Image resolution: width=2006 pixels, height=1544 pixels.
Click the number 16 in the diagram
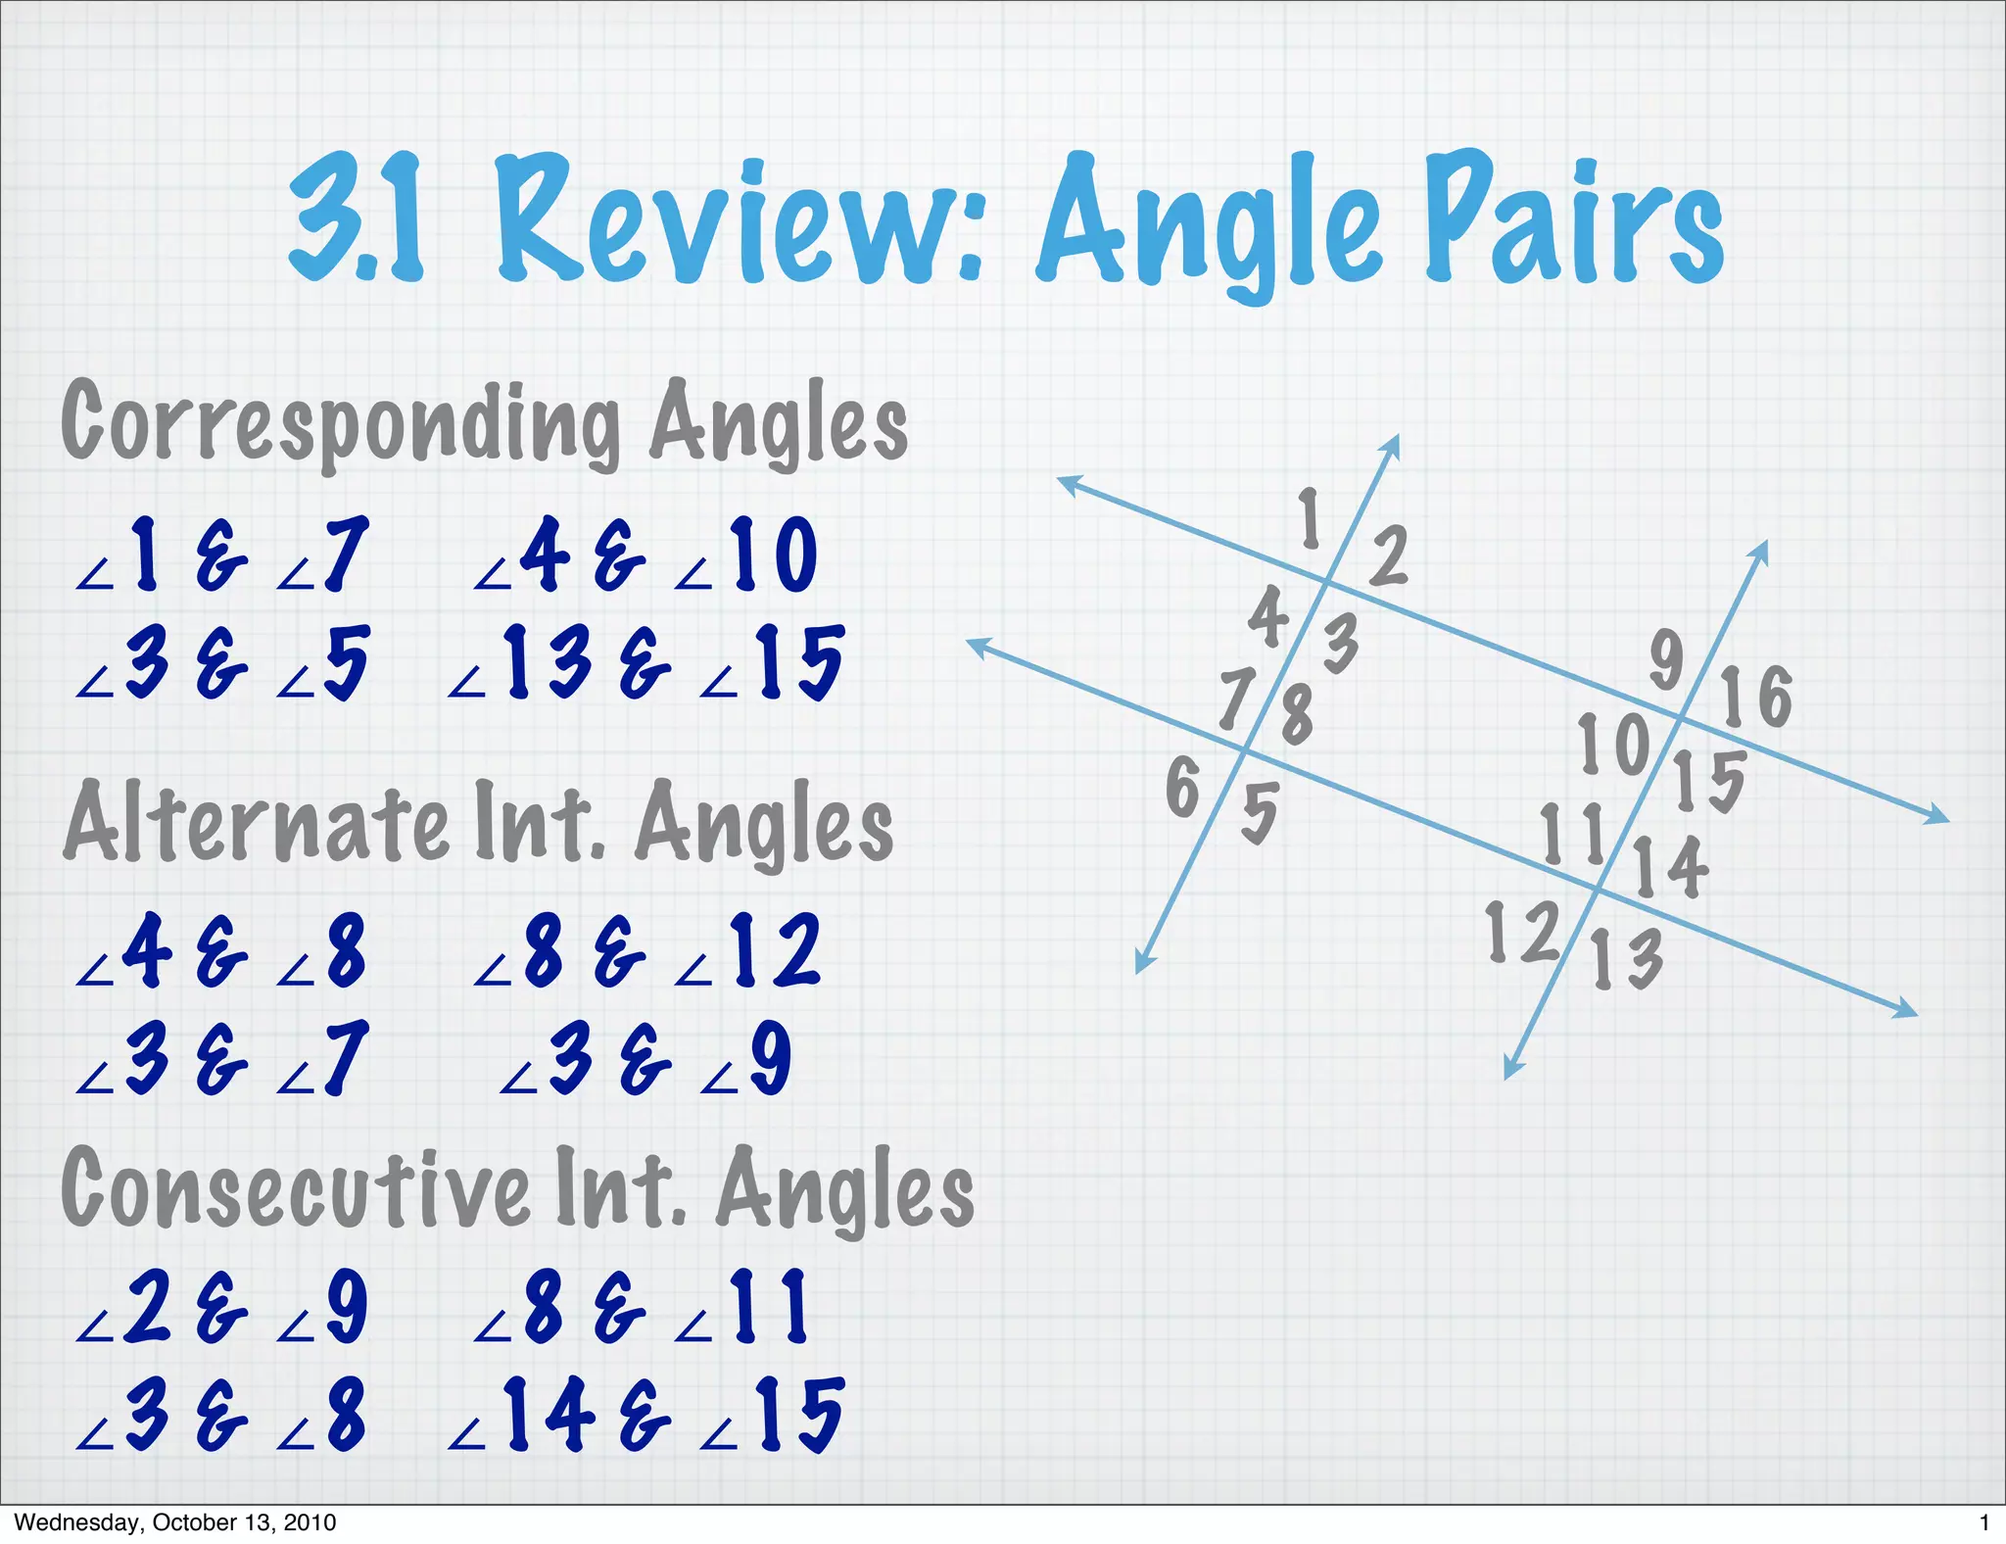1757,697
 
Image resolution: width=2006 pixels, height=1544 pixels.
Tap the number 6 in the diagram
1183,787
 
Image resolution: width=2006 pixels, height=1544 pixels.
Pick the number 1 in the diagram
1310,518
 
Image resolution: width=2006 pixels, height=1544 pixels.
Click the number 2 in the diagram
1389,555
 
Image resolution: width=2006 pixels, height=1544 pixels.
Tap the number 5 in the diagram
1260,812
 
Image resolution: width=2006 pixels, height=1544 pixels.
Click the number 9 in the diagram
1666,658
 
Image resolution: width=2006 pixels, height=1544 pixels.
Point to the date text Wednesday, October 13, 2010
175,1522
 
